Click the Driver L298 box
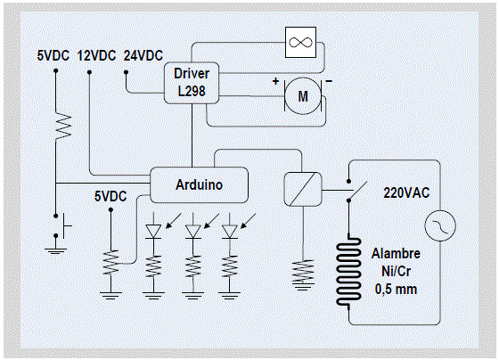[192, 83]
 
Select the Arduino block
[199, 185]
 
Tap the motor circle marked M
[303, 96]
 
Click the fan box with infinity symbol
[301, 43]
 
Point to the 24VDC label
[143, 56]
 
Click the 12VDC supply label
[96, 56]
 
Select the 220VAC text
[406, 192]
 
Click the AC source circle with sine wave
[440, 225]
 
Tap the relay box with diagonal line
[303, 190]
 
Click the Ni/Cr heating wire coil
[348, 271]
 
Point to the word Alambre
[396, 254]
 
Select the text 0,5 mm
[396, 290]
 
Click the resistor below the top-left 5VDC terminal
[63, 126]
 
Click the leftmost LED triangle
[153, 232]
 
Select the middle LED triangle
[192, 232]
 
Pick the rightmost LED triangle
[230, 232]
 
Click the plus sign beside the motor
[275, 81]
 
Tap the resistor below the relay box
[303, 271]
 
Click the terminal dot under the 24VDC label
[126, 72]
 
